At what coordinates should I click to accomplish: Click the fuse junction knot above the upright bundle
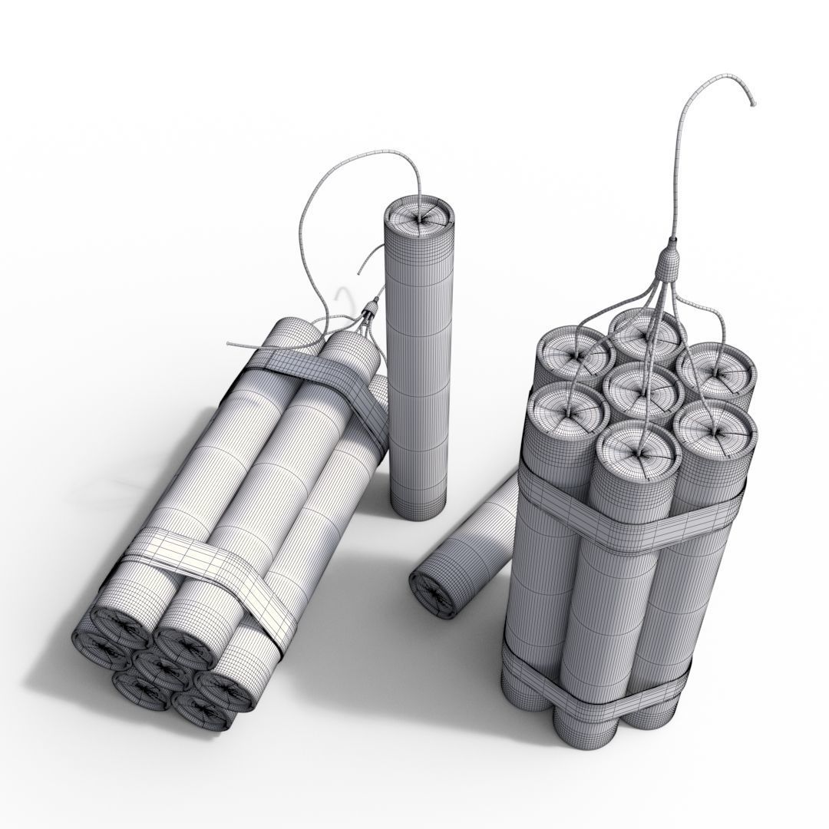(669, 264)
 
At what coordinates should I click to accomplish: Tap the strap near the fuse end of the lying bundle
(322, 376)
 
